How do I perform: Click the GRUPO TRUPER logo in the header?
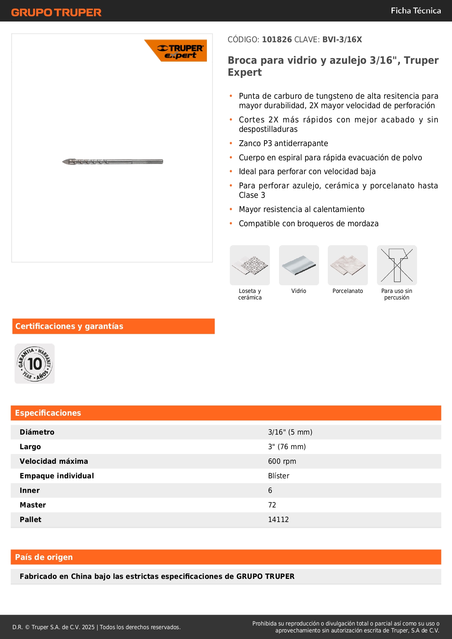(x=56, y=12)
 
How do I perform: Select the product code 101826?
(x=277, y=40)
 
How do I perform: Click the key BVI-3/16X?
(x=342, y=40)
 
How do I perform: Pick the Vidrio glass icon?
(x=299, y=265)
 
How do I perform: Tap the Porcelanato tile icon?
(x=347, y=265)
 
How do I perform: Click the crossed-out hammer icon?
(x=397, y=265)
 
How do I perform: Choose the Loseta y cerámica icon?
(x=250, y=265)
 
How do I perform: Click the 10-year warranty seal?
(x=35, y=364)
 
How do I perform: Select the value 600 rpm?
(x=282, y=461)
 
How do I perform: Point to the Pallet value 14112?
(x=278, y=520)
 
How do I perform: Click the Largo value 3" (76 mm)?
(x=287, y=447)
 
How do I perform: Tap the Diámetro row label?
(x=37, y=432)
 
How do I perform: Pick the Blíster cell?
(x=279, y=476)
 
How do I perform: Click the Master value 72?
(x=272, y=505)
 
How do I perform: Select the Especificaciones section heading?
(x=48, y=413)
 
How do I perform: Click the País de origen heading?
(x=44, y=557)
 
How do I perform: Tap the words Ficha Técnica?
(x=416, y=11)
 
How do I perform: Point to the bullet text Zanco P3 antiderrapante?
(x=283, y=144)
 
